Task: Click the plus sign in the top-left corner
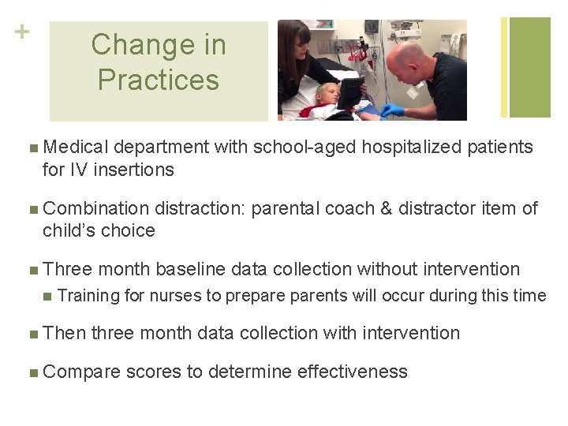21,32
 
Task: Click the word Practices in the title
158,80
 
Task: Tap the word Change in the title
158,45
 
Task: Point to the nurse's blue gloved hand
392,110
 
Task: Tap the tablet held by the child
350,92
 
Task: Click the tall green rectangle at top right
530,67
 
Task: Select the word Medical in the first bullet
77,148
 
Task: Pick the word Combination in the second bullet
95,209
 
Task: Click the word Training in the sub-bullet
89,296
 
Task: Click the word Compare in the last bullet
81,372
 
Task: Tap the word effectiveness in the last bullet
353,372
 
